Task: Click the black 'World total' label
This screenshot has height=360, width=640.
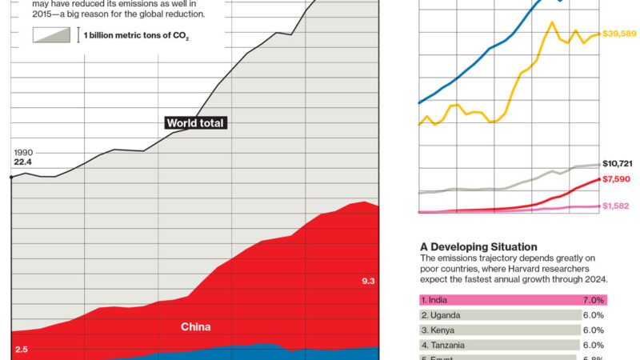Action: [196, 123]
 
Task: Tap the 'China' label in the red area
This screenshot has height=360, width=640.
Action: [196, 326]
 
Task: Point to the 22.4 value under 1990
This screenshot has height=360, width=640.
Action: [23, 162]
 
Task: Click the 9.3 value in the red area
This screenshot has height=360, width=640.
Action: [369, 282]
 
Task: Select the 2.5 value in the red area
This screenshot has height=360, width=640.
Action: [22, 350]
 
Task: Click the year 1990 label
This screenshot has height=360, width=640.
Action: [23, 152]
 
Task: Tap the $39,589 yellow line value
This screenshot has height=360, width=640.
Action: [618, 34]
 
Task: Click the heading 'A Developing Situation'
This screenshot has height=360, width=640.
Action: [478, 246]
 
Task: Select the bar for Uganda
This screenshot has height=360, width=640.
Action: [500, 315]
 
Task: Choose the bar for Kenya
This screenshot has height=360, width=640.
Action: [500, 330]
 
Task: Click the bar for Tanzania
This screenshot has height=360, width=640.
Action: [500, 345]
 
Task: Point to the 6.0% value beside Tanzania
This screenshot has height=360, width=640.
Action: [593, 345]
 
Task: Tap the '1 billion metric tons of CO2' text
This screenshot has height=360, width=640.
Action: [137, 36]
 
